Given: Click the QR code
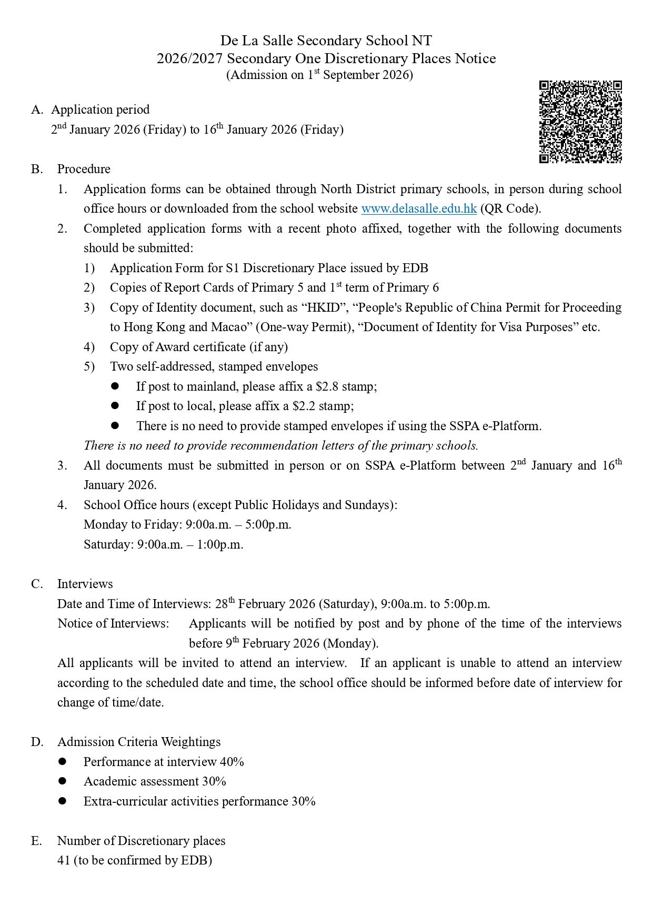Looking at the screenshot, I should pos(580,122).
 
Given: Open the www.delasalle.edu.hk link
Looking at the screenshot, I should pos(419,208).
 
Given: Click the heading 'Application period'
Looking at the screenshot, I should pos(100,110).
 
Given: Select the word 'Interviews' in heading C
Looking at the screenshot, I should pos(85,584).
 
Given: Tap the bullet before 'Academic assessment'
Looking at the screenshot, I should pos(63,781).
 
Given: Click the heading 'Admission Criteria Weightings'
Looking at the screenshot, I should pos(139,742).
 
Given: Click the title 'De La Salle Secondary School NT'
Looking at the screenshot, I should pos(326,41).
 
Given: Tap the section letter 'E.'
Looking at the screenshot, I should pos(36,841).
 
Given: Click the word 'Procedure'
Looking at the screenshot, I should pos(84,169).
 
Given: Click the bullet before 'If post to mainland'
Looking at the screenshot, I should pos(115,386).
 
